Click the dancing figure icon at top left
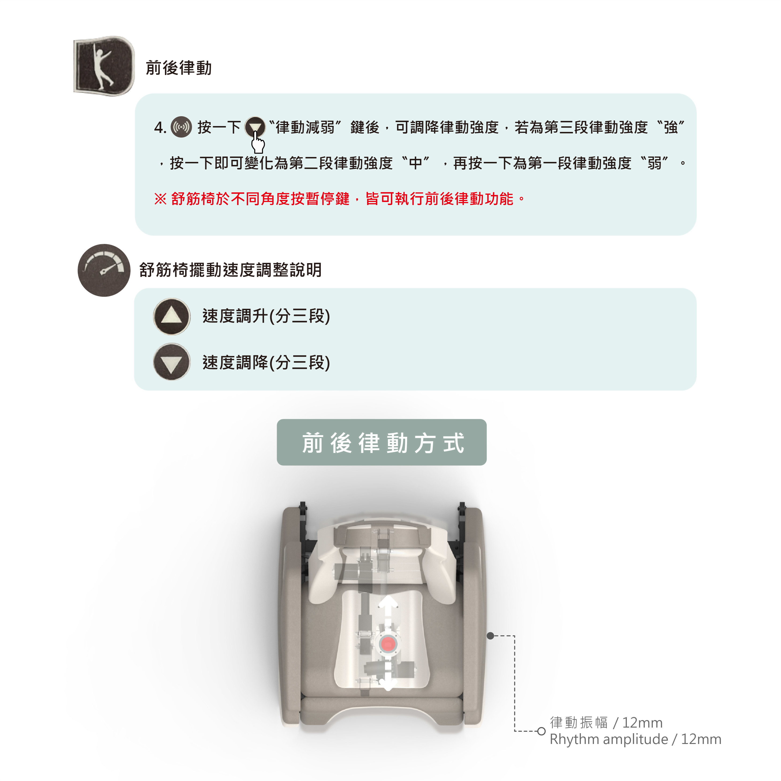tap(104, 66)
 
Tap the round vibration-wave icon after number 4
tap(182, 127)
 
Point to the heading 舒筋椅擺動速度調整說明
tap(230, 270)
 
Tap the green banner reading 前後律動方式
tap(382, 442)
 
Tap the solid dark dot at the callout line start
tap(490, 636)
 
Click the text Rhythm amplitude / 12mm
tap(635, 739)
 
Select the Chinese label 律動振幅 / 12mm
tap(606, 722)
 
